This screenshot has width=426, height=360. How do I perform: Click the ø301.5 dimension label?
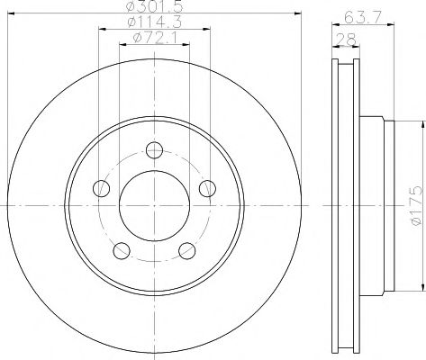pyautogui.click(x=154, y=6)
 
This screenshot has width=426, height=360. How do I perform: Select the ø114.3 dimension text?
pyautogui.click(x=155, y=22)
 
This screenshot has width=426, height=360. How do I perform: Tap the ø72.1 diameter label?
pyautogui.click(x=155, y=38)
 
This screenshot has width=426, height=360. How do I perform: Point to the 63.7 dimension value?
pyautogui.click(x=363, y=18)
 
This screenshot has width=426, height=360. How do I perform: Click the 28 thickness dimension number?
pyautogui.click(x=347, y=40)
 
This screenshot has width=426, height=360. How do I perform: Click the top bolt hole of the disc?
pyautogui.click(x=154, y=150)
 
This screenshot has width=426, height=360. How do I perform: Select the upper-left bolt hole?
pyautogui.click(x=102, y=188)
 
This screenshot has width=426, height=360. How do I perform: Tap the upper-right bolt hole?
pyautogui.click(x=207, y=188)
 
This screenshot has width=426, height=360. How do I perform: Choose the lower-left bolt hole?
pyautogui.click(x=122, y=251)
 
